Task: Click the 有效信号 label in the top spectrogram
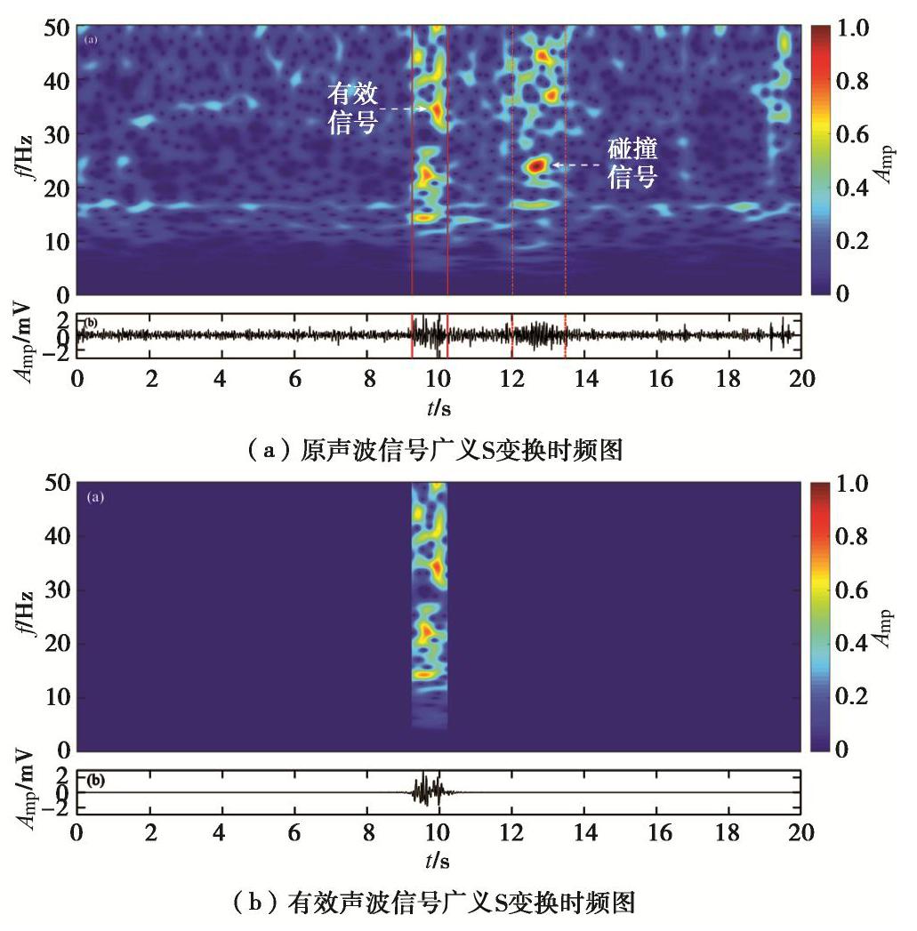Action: click(353, 106)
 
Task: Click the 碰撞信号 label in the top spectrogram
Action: click(632, 162)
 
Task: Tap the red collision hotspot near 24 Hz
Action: click(535, 165)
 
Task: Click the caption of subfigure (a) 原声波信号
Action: click(459, 452)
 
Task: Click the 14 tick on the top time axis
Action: click(584, 378)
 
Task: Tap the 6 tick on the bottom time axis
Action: click(295, 832)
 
